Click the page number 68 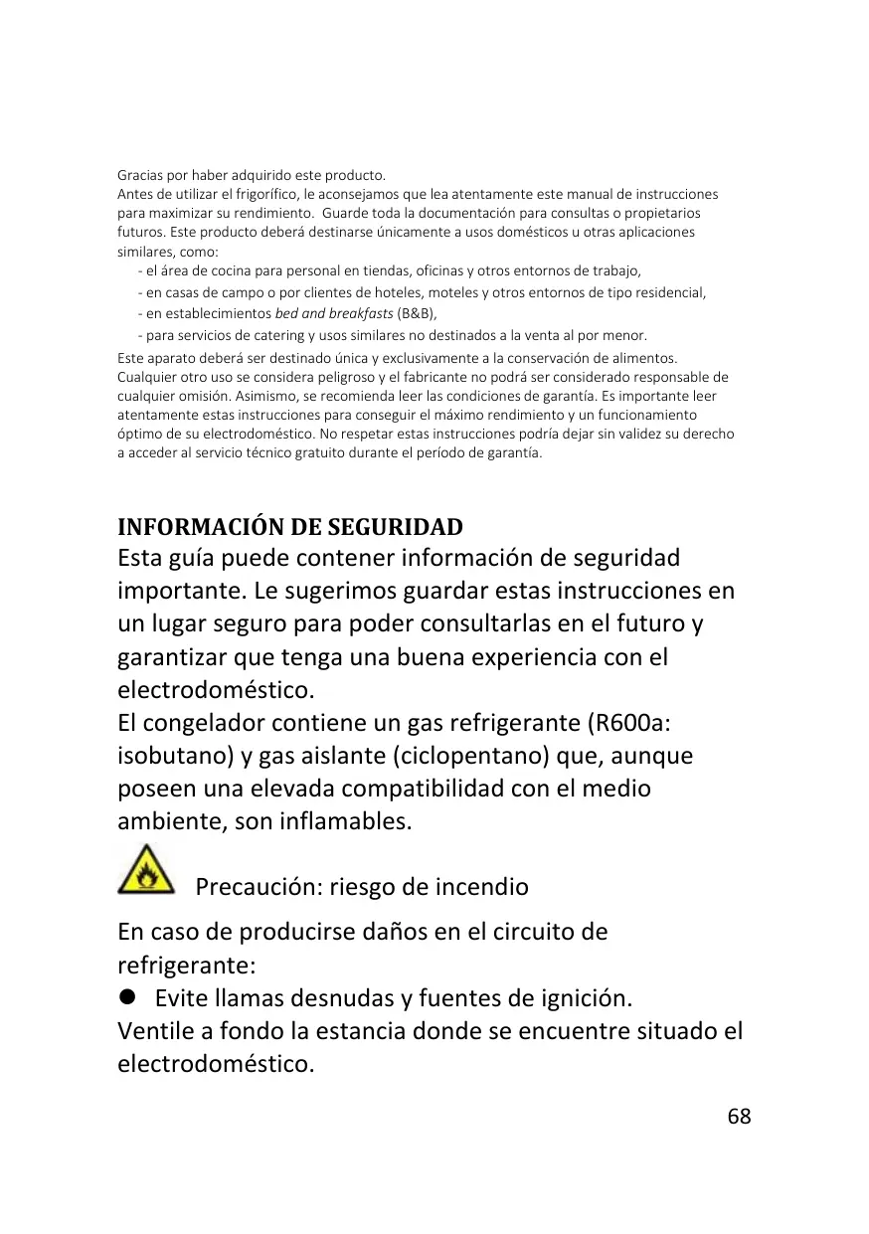pyautogui.click(x=739, y=1116)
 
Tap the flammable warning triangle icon pyautogui.click(x=146, y=869)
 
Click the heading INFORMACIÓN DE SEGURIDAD pyautogui.click(x=290, y=526)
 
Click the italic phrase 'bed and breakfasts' pyautogui.click(x=333, y=313)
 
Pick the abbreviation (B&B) pyautogui.click(x=417, y=313)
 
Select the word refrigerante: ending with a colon pyautogui.click(x=187, y=965)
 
